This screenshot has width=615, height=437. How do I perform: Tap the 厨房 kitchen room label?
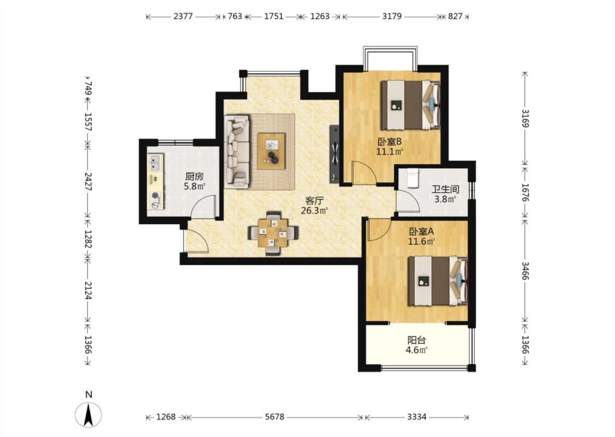point(195,176)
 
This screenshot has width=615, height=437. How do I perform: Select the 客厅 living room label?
point(314,200)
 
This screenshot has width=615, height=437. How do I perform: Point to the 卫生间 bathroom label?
point(445,189)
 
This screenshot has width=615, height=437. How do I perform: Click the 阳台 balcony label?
point(417,340)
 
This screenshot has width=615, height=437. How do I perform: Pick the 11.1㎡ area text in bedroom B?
point(390,152)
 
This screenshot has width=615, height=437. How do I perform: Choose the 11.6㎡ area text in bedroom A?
point(421,241)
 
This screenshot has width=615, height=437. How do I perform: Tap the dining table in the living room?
point(273,233)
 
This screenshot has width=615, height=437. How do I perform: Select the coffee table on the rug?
point(271,151)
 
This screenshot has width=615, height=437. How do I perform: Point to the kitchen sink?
point(155,163)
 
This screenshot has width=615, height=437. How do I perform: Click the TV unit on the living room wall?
point(335,153)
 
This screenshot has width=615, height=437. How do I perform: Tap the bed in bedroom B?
point(411,105)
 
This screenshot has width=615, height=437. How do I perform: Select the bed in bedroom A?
point(438,281)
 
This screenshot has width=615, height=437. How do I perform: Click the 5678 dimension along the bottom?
point(274,417)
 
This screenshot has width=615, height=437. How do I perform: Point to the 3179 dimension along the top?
point(392,16)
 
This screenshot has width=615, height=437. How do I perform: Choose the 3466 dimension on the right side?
point(525,270)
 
